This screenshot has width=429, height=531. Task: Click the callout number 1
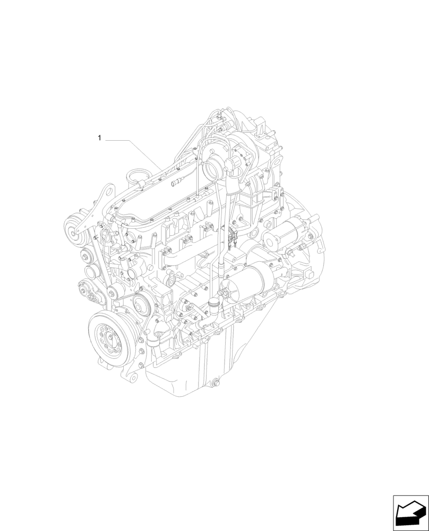coord(99,139)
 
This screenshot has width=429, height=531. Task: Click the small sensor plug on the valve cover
coord(175,184)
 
